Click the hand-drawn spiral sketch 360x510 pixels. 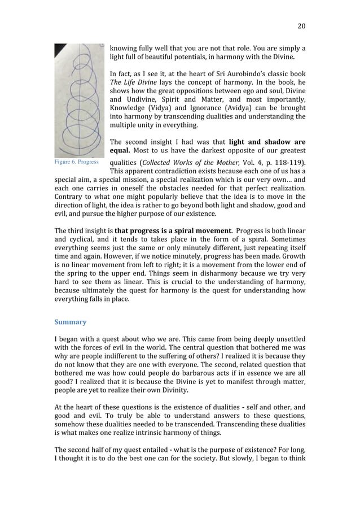coord(79,99)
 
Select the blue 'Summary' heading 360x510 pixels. coord(71,322)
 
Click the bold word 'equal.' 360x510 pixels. coord(120,151)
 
